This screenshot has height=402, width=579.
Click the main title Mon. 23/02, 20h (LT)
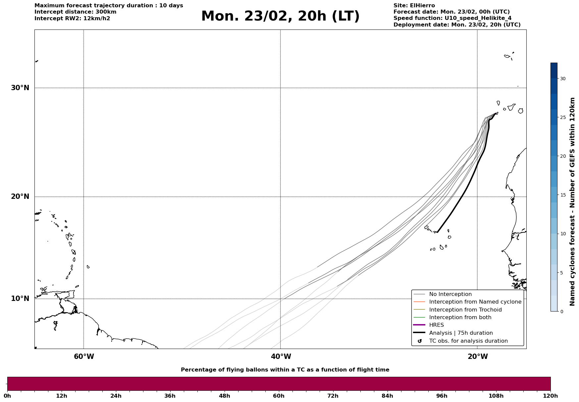tap(280, 16)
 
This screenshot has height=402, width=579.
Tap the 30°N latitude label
tap(20, 88)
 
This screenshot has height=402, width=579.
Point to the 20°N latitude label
tap(20, 197)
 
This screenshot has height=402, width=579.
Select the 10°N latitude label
tap(20, 299)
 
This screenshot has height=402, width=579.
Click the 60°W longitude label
tap(84, 357)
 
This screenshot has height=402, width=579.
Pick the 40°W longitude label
tap(281, 357)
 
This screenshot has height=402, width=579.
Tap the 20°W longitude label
tap(478, 357)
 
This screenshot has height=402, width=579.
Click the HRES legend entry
tap(436, 325)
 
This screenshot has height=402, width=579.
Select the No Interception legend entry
tap(450, 294)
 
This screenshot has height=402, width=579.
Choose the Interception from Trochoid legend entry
tap(465, 310)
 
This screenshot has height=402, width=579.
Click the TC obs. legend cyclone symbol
tap(420, 341)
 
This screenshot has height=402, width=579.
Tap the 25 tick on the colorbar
tap(563, 117)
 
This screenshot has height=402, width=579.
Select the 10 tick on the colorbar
tap(563, 234)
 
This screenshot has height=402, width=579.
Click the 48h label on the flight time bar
tap(224, 396)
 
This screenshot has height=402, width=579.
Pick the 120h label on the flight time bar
tap(551, 396)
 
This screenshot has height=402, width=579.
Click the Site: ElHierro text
tap(414, 6)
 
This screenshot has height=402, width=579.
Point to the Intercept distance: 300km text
tap(75, 12)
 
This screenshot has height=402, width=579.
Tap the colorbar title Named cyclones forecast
tap(572, 201)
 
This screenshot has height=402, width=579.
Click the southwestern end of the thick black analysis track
tap(438, 232)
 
